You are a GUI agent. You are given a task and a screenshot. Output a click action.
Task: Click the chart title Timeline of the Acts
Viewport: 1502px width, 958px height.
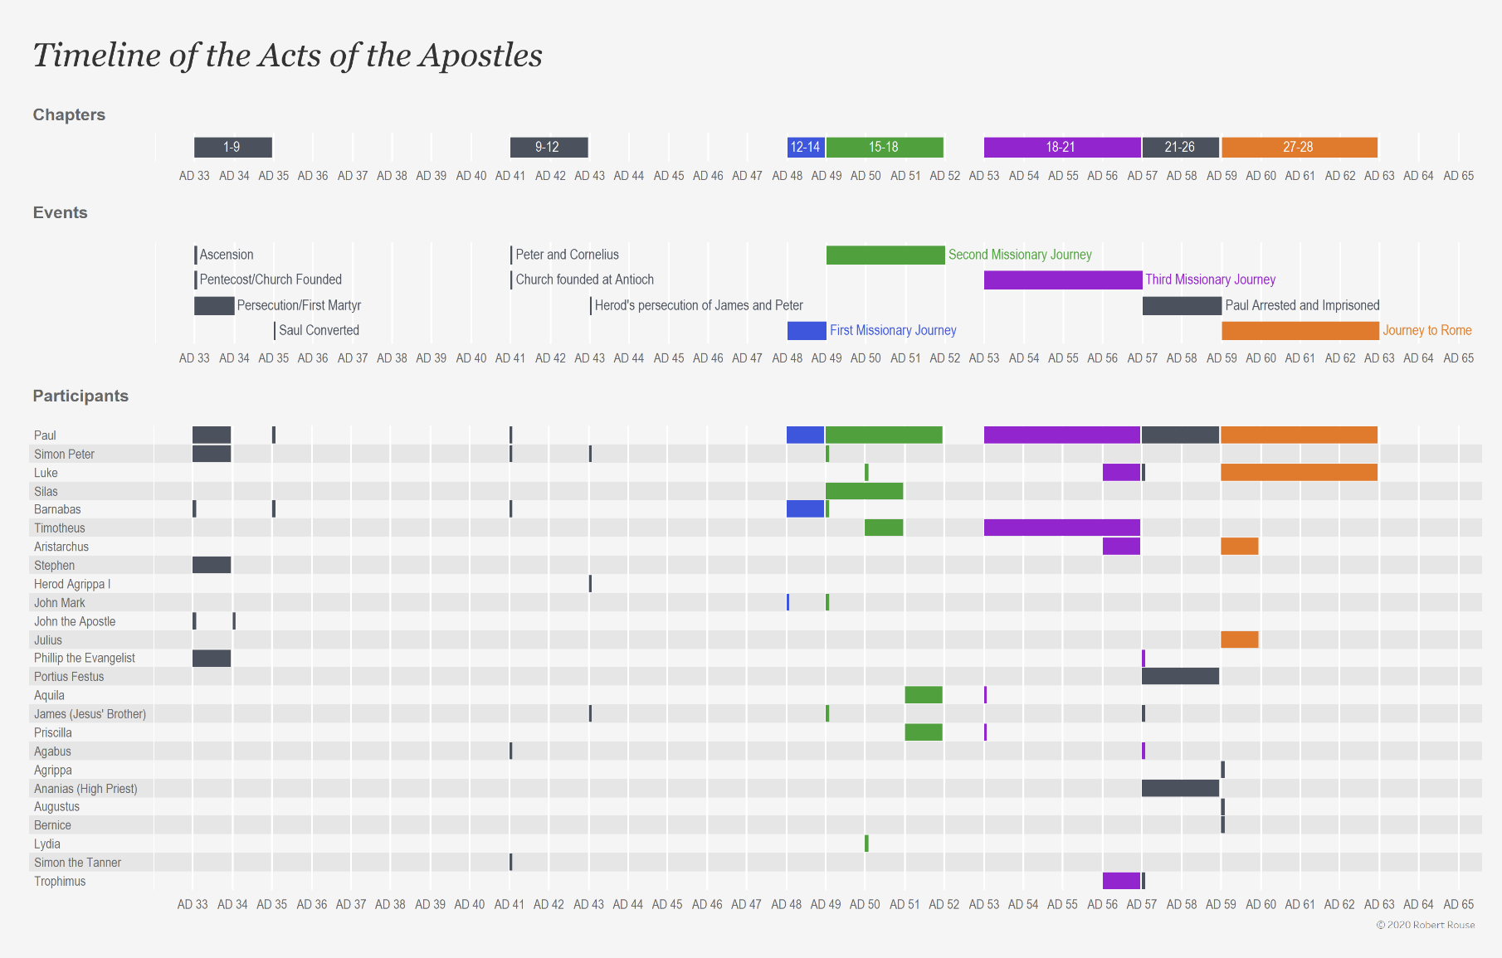287,56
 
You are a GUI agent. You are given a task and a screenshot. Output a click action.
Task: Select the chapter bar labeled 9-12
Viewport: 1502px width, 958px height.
549,148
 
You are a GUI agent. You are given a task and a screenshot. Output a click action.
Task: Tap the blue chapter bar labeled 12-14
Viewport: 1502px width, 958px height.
805,148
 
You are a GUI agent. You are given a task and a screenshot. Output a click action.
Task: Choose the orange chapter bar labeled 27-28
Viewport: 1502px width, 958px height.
1299,148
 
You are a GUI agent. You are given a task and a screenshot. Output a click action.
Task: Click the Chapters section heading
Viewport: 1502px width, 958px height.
69,114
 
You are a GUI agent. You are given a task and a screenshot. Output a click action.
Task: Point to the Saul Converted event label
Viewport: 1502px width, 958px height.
319,330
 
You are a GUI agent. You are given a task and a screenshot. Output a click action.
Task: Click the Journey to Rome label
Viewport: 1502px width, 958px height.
1426,330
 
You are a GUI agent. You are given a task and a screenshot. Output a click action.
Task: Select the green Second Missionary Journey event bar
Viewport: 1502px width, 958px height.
885,255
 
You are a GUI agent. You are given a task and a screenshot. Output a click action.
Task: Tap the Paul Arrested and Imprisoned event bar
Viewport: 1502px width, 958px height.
1181,305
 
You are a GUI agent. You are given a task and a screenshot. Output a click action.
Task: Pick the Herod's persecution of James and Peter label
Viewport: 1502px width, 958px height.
699,305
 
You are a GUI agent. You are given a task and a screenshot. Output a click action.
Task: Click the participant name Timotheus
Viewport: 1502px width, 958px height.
60,528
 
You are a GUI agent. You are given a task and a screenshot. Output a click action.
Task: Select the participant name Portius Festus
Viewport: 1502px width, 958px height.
69,677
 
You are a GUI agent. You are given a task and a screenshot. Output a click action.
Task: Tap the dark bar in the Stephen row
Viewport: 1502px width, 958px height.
212,565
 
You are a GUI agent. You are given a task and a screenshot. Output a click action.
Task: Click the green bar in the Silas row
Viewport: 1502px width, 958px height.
864,491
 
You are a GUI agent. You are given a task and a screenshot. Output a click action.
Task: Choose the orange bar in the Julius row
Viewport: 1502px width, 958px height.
1239,639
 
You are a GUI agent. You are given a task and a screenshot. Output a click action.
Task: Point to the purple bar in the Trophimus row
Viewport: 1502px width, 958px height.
1121,881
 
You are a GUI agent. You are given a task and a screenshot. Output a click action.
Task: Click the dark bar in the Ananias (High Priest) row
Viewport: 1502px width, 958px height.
1180,788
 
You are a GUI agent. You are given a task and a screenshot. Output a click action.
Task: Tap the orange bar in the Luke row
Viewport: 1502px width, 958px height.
1299,473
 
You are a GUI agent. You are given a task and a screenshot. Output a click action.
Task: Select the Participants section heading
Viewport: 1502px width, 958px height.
80,396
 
